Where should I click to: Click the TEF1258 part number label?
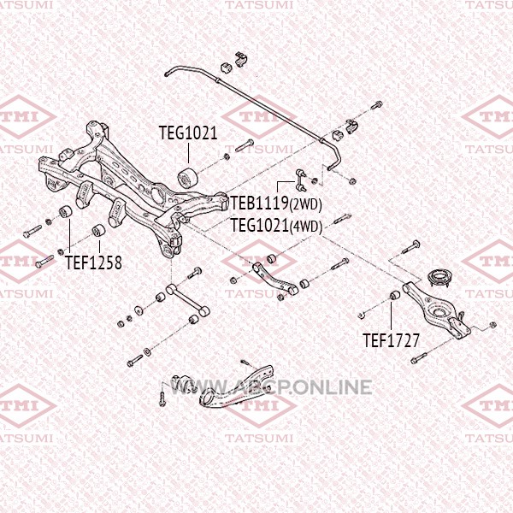(x=93, y=262)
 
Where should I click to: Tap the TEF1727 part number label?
(x=391, y=340)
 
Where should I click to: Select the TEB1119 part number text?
(x=259, y=203)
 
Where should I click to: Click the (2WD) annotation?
(x=305, y=204)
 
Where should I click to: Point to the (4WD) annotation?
(x=305, y=227)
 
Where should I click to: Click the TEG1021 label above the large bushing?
(x=188, y=133)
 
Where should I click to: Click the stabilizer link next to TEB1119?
(x=301, y=180)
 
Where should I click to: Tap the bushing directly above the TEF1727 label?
(x=395, y=295)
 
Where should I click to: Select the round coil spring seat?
(x=440, y=277)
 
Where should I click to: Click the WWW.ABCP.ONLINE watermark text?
(x=271, y=387)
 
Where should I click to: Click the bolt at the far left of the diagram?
(x=32, y=231)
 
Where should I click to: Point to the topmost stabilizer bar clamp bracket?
(x=241, y=60)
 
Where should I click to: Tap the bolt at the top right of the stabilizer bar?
(x=376, y=105)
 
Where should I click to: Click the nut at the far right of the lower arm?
(x=492, y=325)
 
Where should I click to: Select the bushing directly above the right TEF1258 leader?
(x=98, y=230)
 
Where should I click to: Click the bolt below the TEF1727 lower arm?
(x=419, y=358)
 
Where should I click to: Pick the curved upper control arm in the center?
(x=275, y=279)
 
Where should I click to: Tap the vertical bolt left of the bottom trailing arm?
(x=162, y=399)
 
